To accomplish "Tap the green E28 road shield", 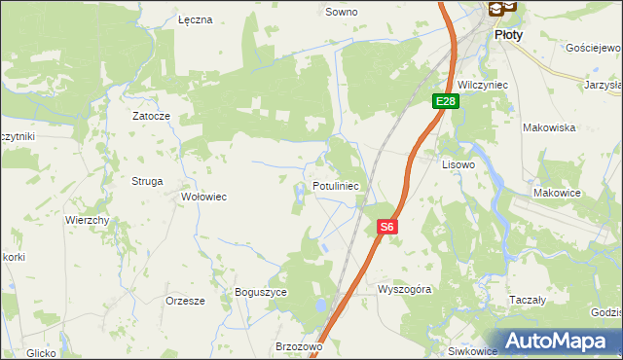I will (446, 101).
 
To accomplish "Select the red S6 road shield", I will (386, 227).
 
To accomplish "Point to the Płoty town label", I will (508, 34).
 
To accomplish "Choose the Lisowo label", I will (458, 165).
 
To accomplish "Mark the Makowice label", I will (557, 193).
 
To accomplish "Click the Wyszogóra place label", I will (404, 290).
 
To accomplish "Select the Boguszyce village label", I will (261, 292).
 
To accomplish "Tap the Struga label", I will (147, 181).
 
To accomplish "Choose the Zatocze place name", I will (152, 116).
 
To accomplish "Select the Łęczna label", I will (195, 19).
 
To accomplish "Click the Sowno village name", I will (341, 13).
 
